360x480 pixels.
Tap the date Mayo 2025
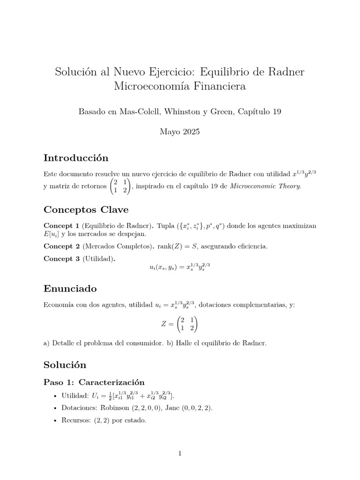[180, 132]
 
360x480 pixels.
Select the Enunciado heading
[70, 287]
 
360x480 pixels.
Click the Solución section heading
[65, 364]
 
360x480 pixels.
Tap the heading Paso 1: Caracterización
[94, 382]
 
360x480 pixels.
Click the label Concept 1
[61, 226]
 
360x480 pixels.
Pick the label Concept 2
[61, 246]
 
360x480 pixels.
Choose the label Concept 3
[61, 258]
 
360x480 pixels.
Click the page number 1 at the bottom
[180, 453]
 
